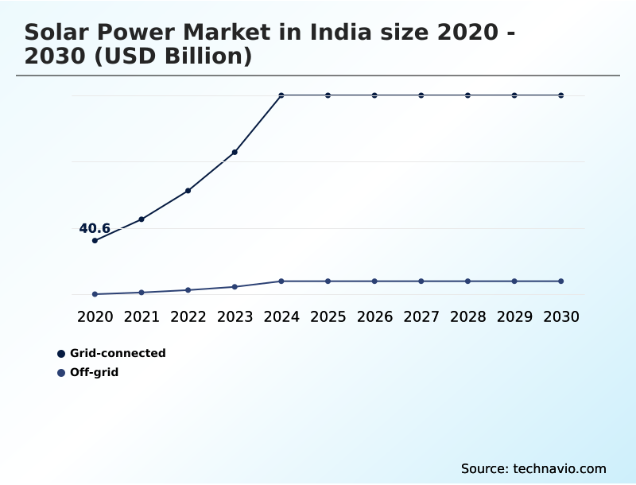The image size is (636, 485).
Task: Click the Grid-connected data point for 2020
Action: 95,240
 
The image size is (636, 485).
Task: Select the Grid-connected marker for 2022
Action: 188,191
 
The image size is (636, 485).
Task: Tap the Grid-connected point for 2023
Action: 235,152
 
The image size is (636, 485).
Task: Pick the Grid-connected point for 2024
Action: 281,95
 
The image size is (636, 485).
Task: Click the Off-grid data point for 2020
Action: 95,294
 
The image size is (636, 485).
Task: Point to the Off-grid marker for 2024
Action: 281,281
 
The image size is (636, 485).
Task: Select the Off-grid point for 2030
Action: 560,281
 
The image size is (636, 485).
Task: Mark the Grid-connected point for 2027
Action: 421,95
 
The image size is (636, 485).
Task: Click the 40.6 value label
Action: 95,229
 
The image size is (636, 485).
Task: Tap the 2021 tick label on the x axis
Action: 142,316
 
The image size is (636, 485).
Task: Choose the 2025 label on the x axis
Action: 328,316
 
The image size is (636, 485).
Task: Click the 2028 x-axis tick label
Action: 467,316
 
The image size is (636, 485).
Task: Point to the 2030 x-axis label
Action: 560,316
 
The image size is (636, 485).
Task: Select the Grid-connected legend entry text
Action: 118,353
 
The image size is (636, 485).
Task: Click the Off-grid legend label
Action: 94,372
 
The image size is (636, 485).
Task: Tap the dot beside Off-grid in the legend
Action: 61,372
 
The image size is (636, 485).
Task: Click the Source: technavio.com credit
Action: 533,468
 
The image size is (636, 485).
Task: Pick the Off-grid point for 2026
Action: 374,281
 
